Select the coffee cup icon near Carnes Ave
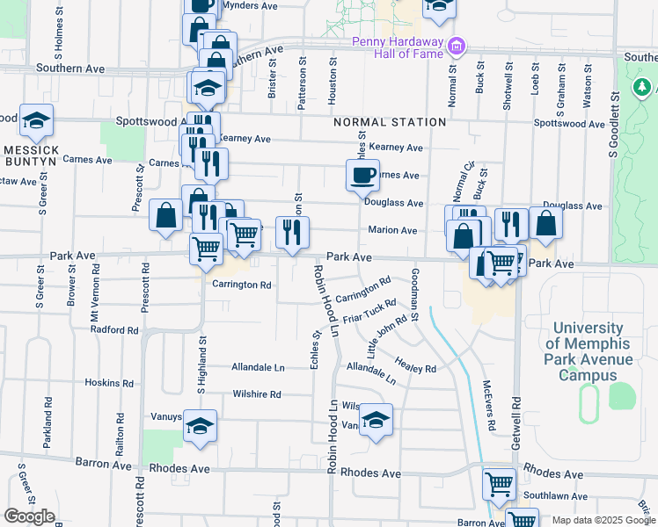coord(362,175)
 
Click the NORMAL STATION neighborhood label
coord(390,122)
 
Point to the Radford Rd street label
coord(114,330)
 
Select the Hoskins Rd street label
coord(108,383)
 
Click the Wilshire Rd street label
coord(256,394)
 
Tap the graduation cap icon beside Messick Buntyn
coord(36,120)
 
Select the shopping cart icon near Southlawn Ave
coord(499,484)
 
